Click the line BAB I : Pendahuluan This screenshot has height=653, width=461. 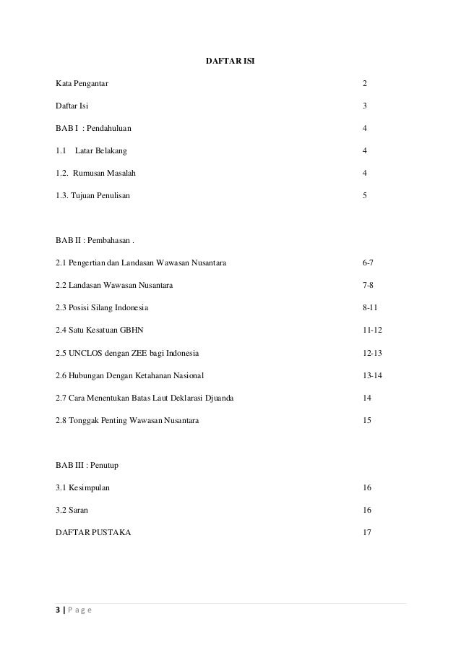point(93,128)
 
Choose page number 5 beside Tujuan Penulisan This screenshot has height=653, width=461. point(365,195)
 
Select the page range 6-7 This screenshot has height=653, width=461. point(368,263)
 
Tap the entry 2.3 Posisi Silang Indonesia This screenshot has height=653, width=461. point(102,307)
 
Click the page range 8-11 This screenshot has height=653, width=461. point(369,307)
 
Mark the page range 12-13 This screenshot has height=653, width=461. point(372,353)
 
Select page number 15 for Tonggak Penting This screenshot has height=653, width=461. point(367,420)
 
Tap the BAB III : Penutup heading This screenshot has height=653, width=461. point(87,465)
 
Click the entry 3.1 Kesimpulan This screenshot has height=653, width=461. point(83,487)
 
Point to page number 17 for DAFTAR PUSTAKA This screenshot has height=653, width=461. point(367,532)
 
